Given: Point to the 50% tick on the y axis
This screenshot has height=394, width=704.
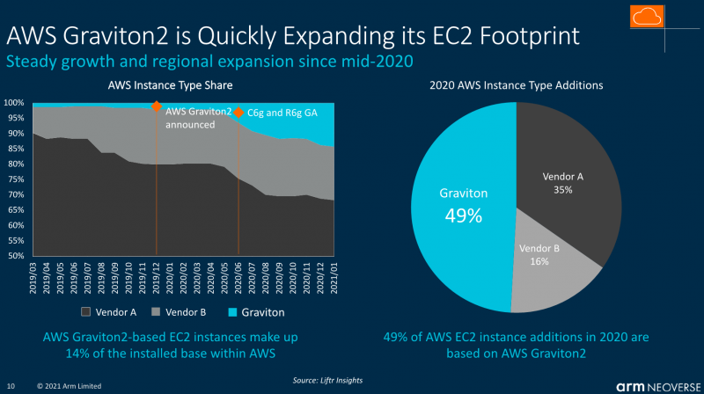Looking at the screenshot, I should (15, 256).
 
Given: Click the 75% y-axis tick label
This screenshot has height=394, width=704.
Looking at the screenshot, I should (15, 179).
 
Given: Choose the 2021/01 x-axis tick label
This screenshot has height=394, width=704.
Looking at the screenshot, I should (332, 276).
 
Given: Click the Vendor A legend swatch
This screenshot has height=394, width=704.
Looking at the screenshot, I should (86, 311).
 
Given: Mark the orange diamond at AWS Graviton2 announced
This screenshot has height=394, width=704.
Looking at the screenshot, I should (157, 106).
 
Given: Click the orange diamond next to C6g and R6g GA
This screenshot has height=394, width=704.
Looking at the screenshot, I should (238, 113).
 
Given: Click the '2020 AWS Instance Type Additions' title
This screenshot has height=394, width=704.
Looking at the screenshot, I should (516, 86).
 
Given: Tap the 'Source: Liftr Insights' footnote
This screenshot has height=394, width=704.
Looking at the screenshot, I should (328, 380).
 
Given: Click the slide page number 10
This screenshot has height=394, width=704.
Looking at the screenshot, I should (11, 385).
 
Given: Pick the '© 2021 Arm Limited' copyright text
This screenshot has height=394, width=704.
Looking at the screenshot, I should (69, 385).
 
